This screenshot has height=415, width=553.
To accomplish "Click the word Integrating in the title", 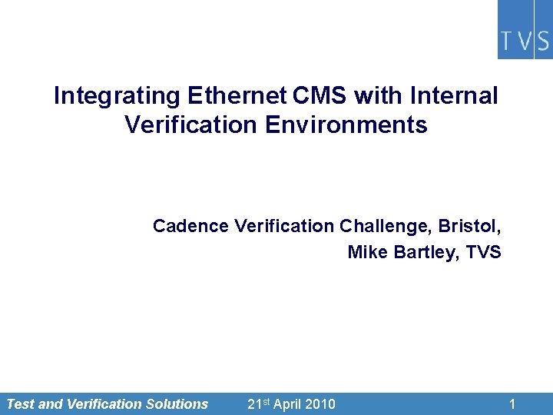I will (x=116, y=96).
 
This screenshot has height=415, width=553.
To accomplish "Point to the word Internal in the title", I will (x=455, y=96).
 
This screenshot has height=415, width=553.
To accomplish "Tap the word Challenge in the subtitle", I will (x=386, y=226).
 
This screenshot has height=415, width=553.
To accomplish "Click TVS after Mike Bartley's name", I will (x=483, y=252).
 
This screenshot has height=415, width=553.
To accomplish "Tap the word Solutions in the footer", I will (x=177, y=403).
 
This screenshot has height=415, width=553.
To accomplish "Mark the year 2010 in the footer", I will (x=321, y=403).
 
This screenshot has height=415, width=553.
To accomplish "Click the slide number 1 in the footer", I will (x=512, y=403).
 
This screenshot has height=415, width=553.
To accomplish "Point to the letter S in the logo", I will (x=542, y=41).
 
